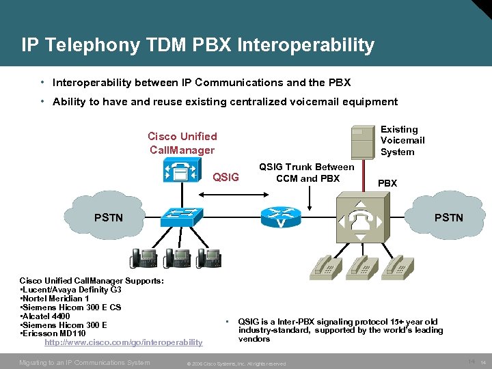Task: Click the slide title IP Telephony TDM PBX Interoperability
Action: [197, 46]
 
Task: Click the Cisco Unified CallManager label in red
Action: [182, 143]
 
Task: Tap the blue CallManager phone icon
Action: [182, 171]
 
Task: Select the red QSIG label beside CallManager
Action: [226, 178]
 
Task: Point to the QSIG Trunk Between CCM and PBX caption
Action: [307, 173]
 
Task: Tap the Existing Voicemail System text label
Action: [402, 140]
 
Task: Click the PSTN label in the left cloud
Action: [109, 218]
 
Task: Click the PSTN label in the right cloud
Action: [448, 218]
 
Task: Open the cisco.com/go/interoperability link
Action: [123, 342]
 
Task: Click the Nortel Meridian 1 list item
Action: [55, 299]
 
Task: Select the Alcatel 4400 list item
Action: [45, 316]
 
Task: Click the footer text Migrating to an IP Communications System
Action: [85, 362]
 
